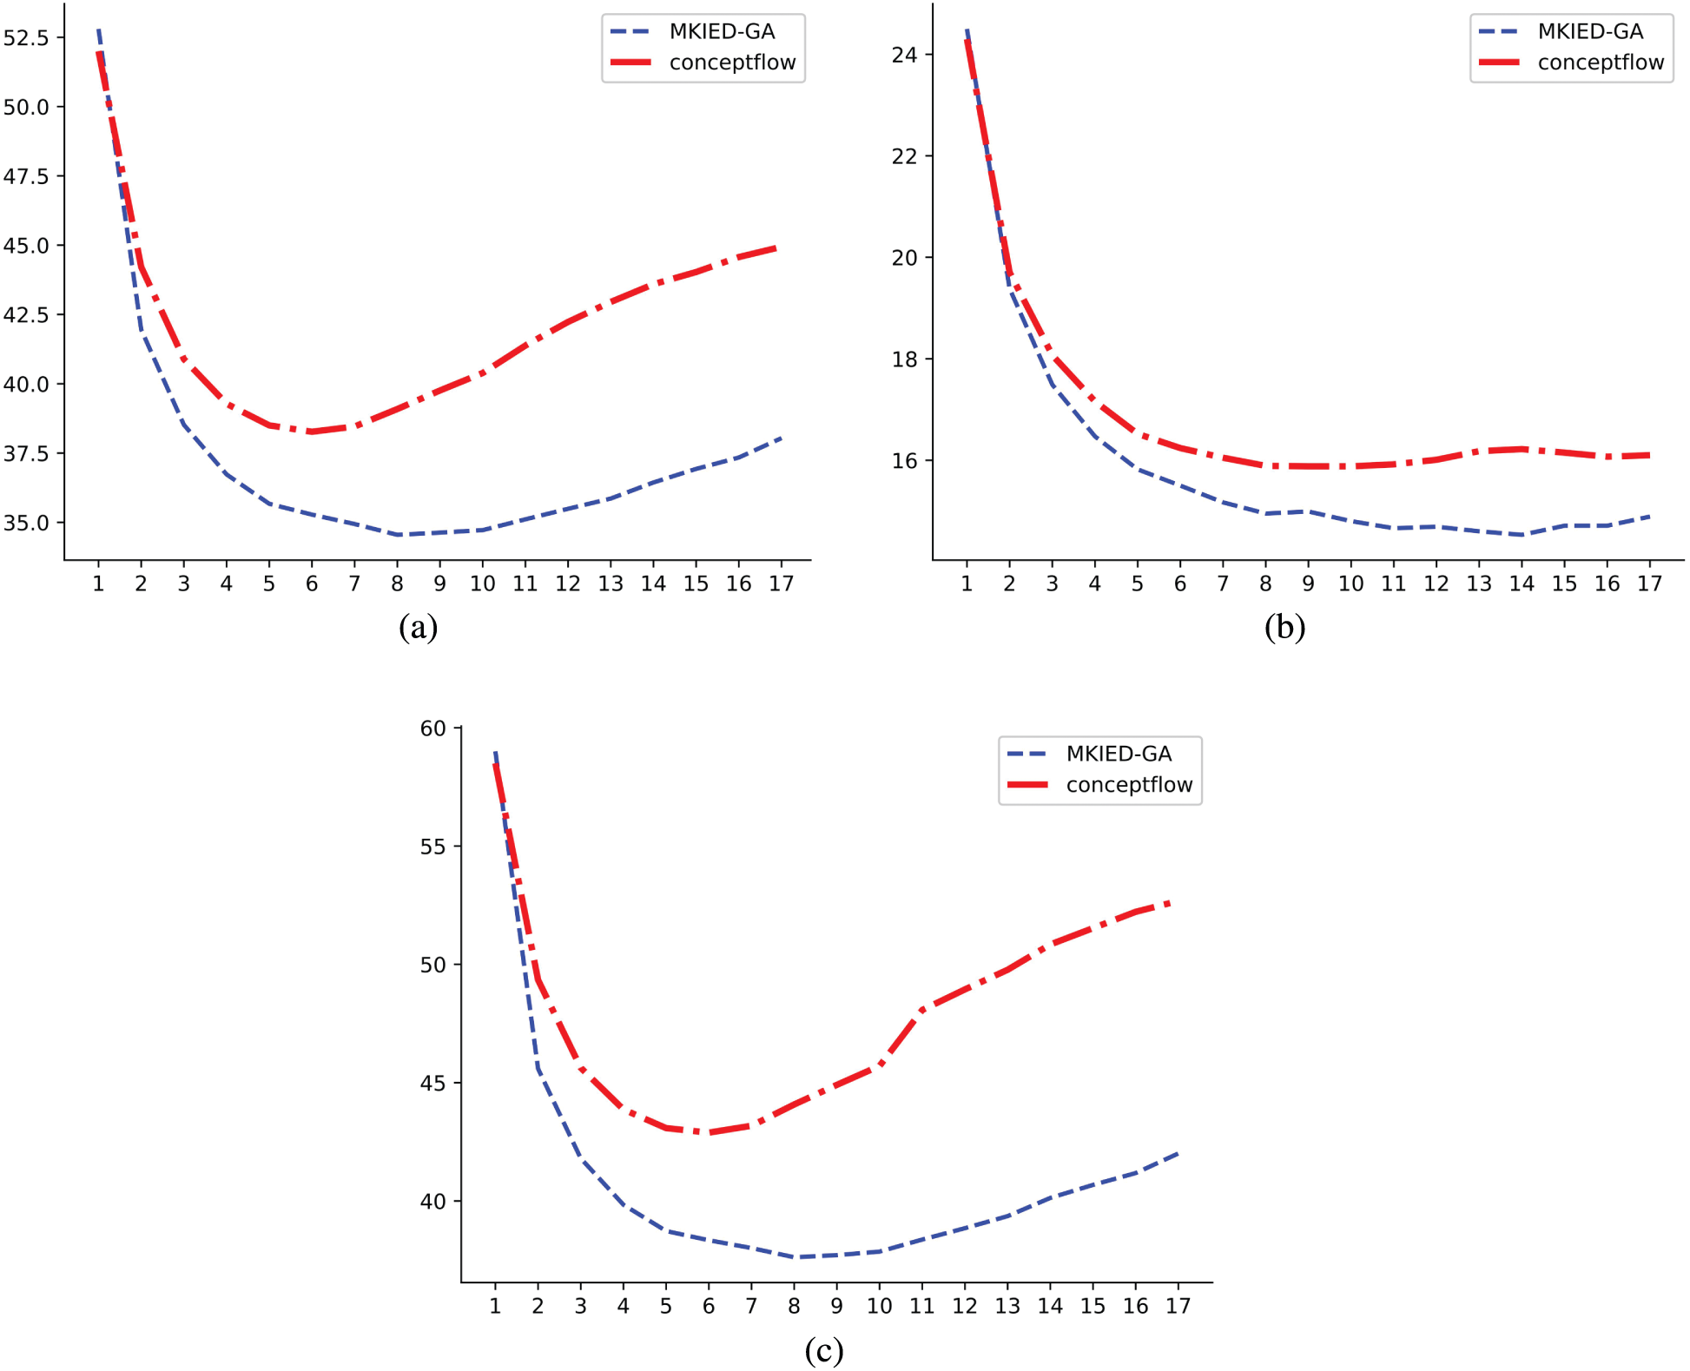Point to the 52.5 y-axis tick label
click(26, 37)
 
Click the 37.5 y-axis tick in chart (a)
click(26, 453)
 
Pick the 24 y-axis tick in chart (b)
click(904, 55)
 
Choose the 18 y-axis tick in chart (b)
click(904, 359)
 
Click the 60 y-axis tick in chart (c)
click(432, 728)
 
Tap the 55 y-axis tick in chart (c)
click(432, 847)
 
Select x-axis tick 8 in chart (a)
click(397, 583)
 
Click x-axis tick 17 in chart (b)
click(1649, 583)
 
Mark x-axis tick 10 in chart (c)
click(879, 1306)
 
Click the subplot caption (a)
click(418, 627)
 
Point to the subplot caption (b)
click(1284, 627)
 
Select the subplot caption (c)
click(823, 1350)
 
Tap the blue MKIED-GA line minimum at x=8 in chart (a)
click(398, 535)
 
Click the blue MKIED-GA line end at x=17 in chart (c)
click(1178, 1153)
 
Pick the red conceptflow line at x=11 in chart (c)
click(922, 1008)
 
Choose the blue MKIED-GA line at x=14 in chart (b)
click(1522, 535)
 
